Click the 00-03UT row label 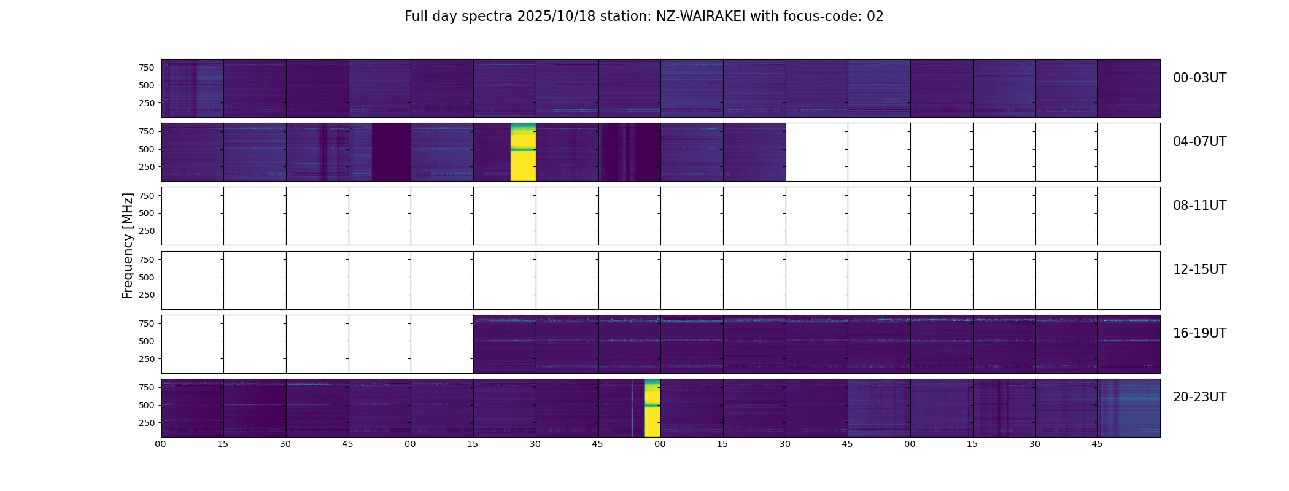coord(1199,78)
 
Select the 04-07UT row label coord(1199,142)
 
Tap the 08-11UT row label coord(1199,206)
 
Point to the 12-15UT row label coord(1199,269)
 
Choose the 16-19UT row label coord(1199,333)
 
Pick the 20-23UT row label coord(1199,397)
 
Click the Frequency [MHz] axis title coord(128,245)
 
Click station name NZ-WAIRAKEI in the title coord(700,17)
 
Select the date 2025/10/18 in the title coord(556,17)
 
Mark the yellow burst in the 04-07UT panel coord(523,152)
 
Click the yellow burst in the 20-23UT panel coord(652,408)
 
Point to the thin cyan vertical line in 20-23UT coord(632,408)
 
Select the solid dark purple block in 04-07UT coord(391,152)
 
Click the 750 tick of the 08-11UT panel coord(147,196)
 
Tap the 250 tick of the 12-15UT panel coord(147,295)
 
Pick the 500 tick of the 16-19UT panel coord(147,341)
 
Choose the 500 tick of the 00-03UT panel coord(147,85)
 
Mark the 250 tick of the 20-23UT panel coord(147,423)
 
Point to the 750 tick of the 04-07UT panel coord(147,131)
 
